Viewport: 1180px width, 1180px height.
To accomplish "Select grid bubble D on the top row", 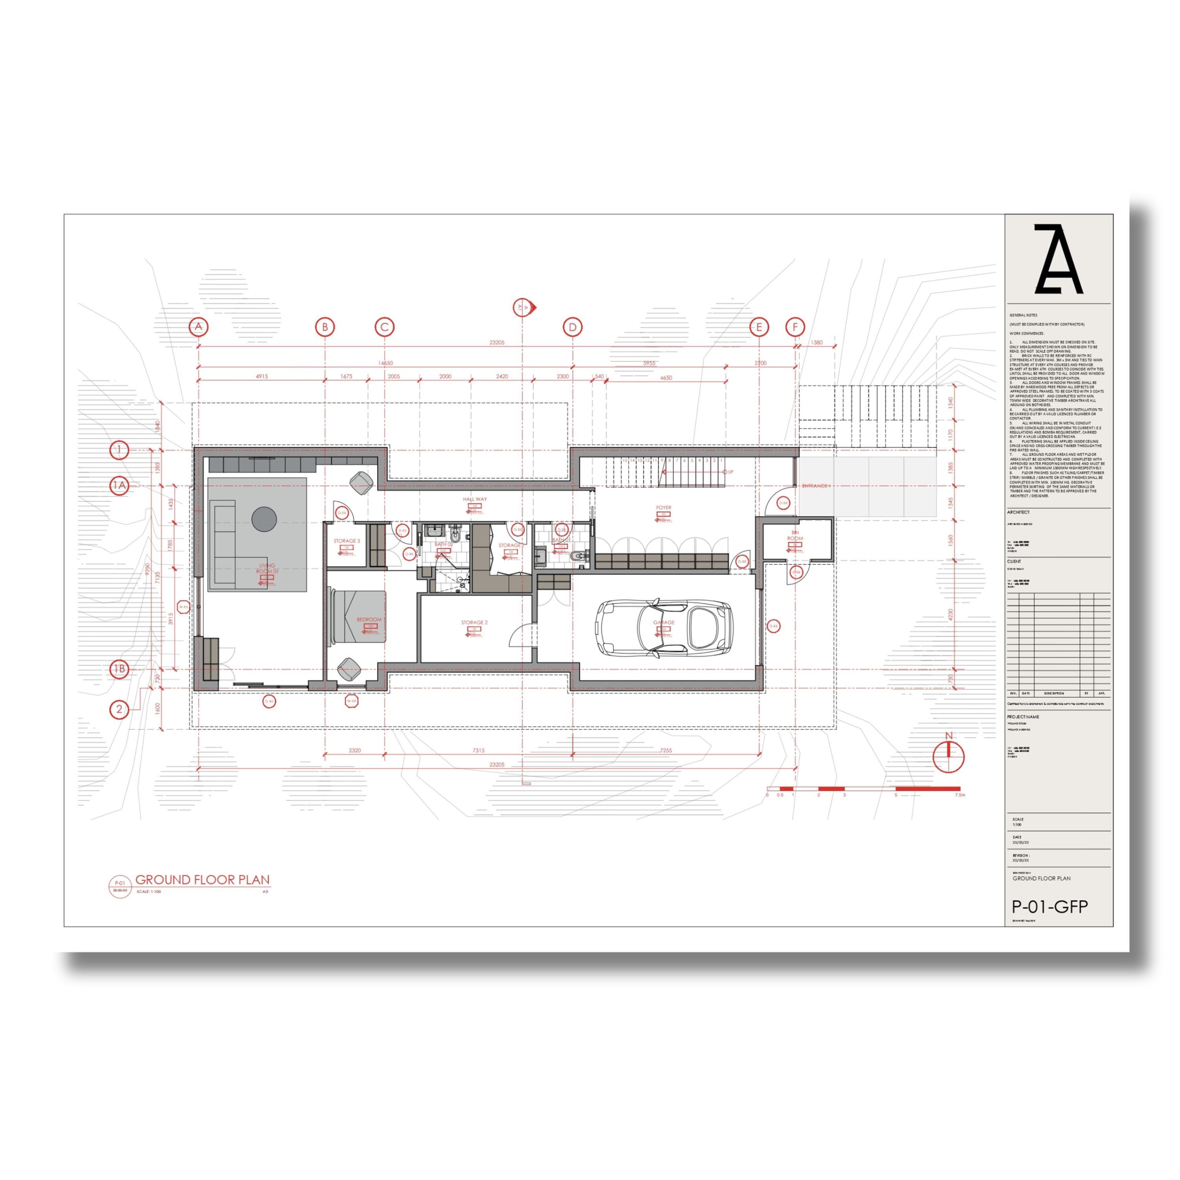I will point(572,327).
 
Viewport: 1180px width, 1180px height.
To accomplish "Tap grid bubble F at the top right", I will point(795,327).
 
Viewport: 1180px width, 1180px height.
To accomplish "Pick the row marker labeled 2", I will point(120,709).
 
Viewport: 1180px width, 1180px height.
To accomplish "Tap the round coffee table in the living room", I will point(264,518).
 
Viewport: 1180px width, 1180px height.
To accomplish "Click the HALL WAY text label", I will point(475,499).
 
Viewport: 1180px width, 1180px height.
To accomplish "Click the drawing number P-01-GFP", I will point(1050,907).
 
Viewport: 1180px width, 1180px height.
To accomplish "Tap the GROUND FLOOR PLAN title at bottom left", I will point(202,880).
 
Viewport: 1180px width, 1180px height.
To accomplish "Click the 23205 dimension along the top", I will point(497,343).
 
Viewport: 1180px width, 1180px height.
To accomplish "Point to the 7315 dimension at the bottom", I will point(478,750).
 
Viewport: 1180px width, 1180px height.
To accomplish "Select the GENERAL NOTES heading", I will point(1023,315).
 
